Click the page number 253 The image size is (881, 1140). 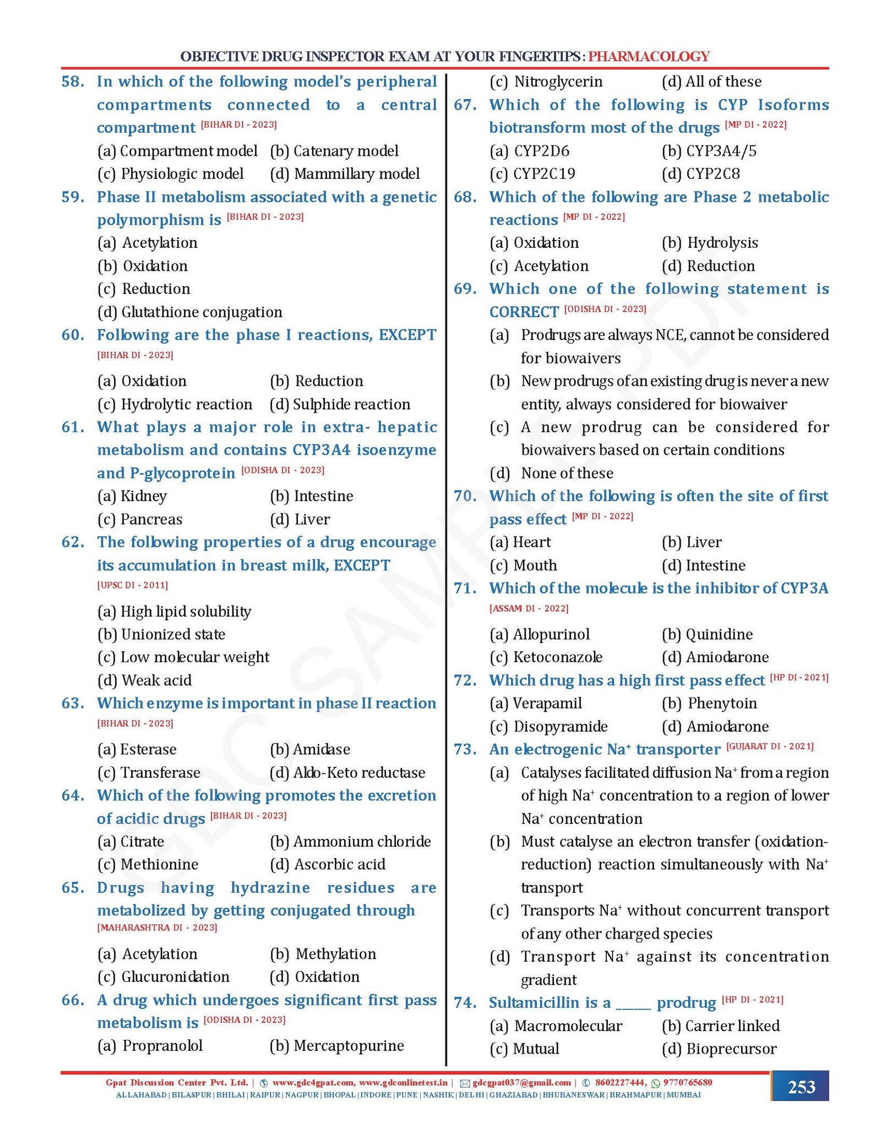(x=801, y=1087)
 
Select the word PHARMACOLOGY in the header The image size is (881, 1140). (x=649, y=56)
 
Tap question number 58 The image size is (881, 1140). (x=73, y=81)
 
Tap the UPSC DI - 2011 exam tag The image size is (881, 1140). (x=133, y=585)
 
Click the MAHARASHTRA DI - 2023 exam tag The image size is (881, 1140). (x=157, y=928)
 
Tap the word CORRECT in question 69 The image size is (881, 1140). (x=524, y=312)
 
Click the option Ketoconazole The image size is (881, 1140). (x=557, y=657)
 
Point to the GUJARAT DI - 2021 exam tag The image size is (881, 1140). (x=769, y=746)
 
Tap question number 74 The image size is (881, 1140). (x=465, y=1002)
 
